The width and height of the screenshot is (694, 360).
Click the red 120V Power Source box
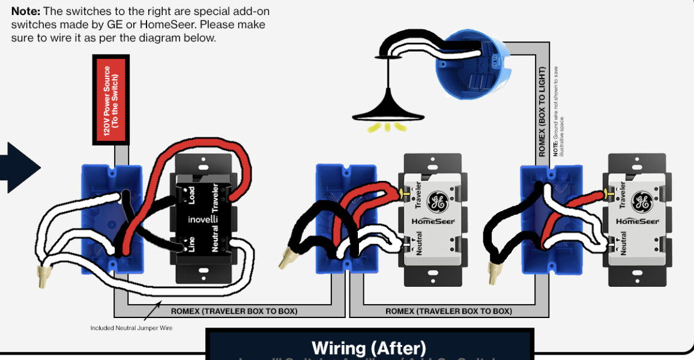[110, 100]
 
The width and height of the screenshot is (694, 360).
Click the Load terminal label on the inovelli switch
[192, 194]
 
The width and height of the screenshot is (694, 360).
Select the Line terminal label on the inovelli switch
[192, 245]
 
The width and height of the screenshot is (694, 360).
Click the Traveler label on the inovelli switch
[215, 197]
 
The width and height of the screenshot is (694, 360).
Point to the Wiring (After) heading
[369, 347]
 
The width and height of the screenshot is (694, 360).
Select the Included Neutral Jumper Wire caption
[131, 328]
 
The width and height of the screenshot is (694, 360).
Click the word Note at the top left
[26, 11]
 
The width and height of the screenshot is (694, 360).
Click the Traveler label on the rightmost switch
[623, 194]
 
